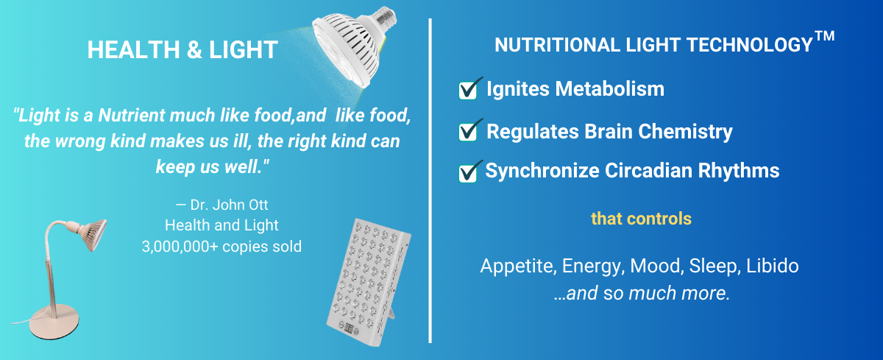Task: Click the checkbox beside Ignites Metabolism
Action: [x=468, y=90]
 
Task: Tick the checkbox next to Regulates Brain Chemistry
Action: [x=468, y=132]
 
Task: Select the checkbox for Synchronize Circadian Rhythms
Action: [x=468, y=173]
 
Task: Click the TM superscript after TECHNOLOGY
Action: [x=825, y=36]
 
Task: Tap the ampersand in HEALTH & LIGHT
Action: [x=194, y=50]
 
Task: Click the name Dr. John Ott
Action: [x=229, y=205]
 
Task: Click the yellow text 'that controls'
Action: [x=641, y=219]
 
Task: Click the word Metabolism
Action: [x=610, y=89]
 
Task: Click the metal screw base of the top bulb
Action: [x=385, y=18]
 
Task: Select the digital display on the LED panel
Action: [x=349, y=327]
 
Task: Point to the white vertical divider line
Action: [x=430, y=180]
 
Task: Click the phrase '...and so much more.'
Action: [x=642, y=293]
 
